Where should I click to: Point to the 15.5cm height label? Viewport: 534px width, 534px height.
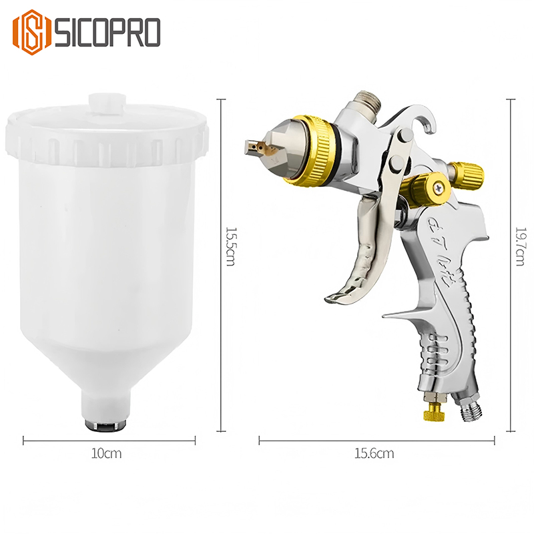click(230, 247)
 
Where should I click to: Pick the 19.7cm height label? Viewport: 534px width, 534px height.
click(519, 247)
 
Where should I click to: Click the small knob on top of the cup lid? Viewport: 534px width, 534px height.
click(107, 103)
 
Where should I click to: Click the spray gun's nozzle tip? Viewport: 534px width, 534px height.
click(254, 143)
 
